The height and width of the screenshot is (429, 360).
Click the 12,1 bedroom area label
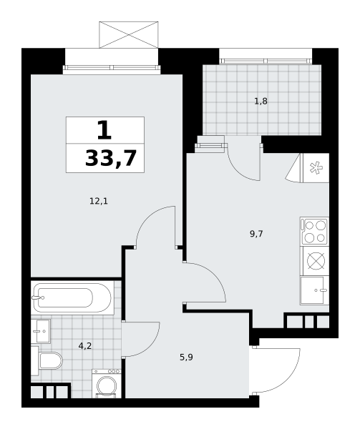click(x=99, y=202)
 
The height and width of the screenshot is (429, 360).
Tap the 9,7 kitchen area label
click(x=256, y=234)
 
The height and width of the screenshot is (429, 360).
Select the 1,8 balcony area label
click(x=261, y=102)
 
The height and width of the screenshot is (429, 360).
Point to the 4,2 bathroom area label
click(x=85, y=346)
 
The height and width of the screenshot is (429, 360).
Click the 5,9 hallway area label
click(x=186, y=357)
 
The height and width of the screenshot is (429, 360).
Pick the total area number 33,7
click(x=111, y=159)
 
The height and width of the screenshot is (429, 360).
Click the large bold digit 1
click(x=104, y=131)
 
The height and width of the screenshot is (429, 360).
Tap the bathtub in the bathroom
click(x=72, y=297)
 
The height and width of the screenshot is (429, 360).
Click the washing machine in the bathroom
click(x=107, y=383)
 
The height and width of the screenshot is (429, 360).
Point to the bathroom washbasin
click(x=41, y=331)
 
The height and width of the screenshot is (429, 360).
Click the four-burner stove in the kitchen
click(x=315, y=232)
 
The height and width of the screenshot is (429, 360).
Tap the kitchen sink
click(x=315, y=290)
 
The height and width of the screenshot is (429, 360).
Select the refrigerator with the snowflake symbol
click(x=316, y=168)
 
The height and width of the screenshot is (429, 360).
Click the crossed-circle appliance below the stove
click(x=316, y=261)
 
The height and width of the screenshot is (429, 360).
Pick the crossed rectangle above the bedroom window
click(x=129, y=35)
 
